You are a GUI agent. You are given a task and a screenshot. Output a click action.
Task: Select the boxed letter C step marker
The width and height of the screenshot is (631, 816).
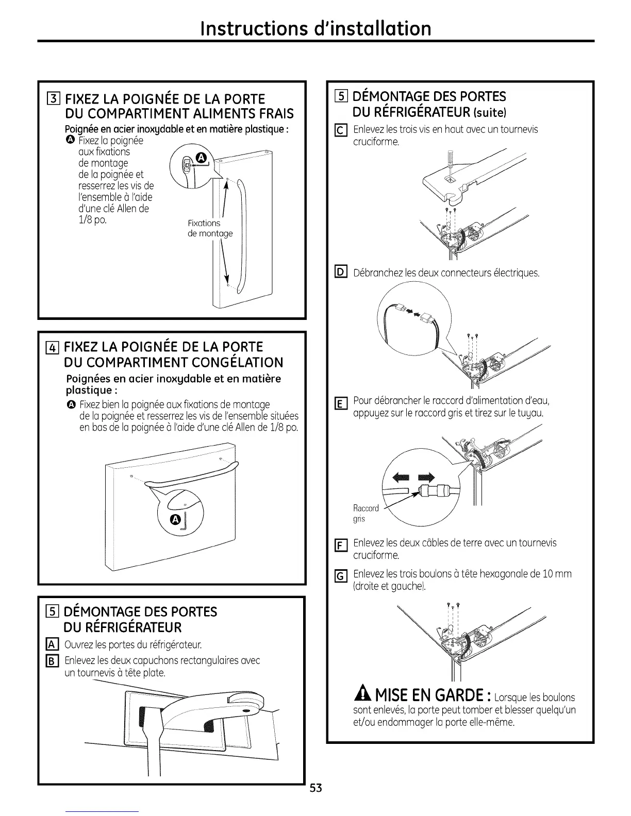[x=341, y=131]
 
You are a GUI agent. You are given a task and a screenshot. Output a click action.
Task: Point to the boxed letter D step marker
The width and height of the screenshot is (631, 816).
[x=341, y=271]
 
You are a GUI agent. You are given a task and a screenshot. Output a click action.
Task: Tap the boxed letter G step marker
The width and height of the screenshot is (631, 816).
[x=340, y=576]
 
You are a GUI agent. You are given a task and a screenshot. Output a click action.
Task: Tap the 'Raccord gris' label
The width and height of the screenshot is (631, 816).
[x=366, y=514]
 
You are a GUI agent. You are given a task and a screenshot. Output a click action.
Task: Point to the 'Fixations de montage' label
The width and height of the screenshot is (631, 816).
[x=210, y=228]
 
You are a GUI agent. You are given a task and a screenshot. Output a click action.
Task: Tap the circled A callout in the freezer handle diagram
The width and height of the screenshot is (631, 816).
[x=175, y=518]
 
